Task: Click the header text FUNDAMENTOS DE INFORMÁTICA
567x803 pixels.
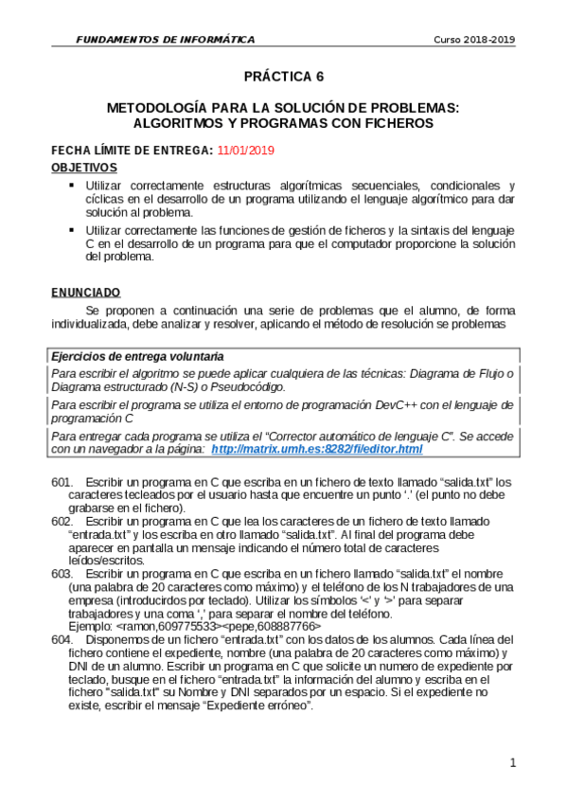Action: tap(166, 40)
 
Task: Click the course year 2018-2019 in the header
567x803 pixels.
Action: tap(474, 40)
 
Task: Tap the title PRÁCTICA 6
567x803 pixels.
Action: tap(283, 77)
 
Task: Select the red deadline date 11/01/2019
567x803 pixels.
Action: tap(245, 151)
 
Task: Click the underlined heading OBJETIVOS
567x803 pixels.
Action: tap(83, 167)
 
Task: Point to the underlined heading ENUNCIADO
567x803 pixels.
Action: tap(85, 293)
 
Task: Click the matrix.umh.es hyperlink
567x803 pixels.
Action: tap(316, 449)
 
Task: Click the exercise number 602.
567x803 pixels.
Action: tap(62, 522)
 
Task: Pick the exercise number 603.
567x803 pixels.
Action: tap(62, 574)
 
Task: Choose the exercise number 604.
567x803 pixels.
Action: tap(62, 639)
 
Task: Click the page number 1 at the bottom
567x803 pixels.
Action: tap(512, 762)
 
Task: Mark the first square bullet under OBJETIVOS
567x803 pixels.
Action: tap(71, 185)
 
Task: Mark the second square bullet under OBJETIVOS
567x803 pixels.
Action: tap(71, 230)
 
